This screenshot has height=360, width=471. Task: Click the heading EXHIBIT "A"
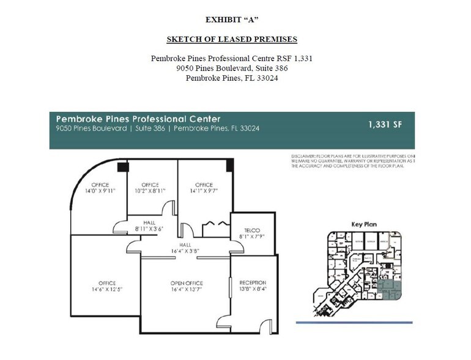click(x=232, y=20)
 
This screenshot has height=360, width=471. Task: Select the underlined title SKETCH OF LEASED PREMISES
click(x=232, y=40)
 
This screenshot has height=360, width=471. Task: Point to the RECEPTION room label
click(x=253, y=282)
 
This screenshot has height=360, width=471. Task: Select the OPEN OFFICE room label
click(x=187, y=283)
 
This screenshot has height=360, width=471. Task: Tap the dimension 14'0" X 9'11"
click(x=100, y=190)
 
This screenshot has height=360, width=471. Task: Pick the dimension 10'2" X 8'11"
click(x=150, y=190)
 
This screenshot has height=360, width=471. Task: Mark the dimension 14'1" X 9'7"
click(x=204, y=190)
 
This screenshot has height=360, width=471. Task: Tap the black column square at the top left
click(x=122, y=166)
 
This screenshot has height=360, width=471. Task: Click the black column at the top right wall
click(x=229, y=165)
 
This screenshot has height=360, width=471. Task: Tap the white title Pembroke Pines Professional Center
click(x=138, y=118)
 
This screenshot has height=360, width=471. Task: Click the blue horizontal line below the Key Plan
click(x=354, y=322)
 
